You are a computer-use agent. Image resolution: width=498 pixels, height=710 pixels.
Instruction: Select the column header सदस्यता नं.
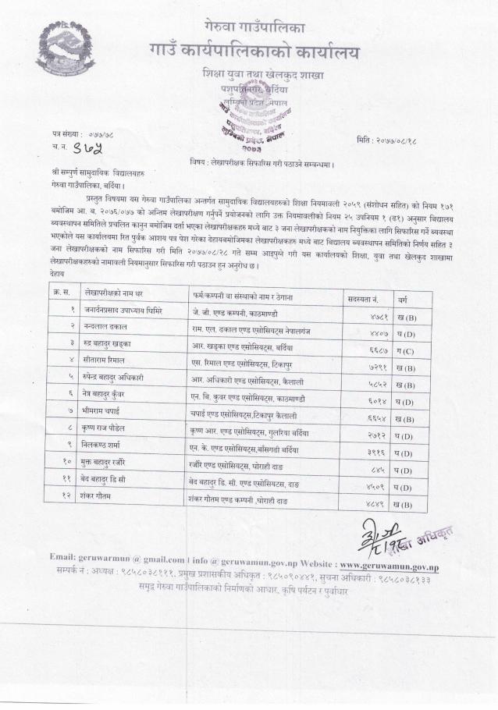[x=363, y=298]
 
